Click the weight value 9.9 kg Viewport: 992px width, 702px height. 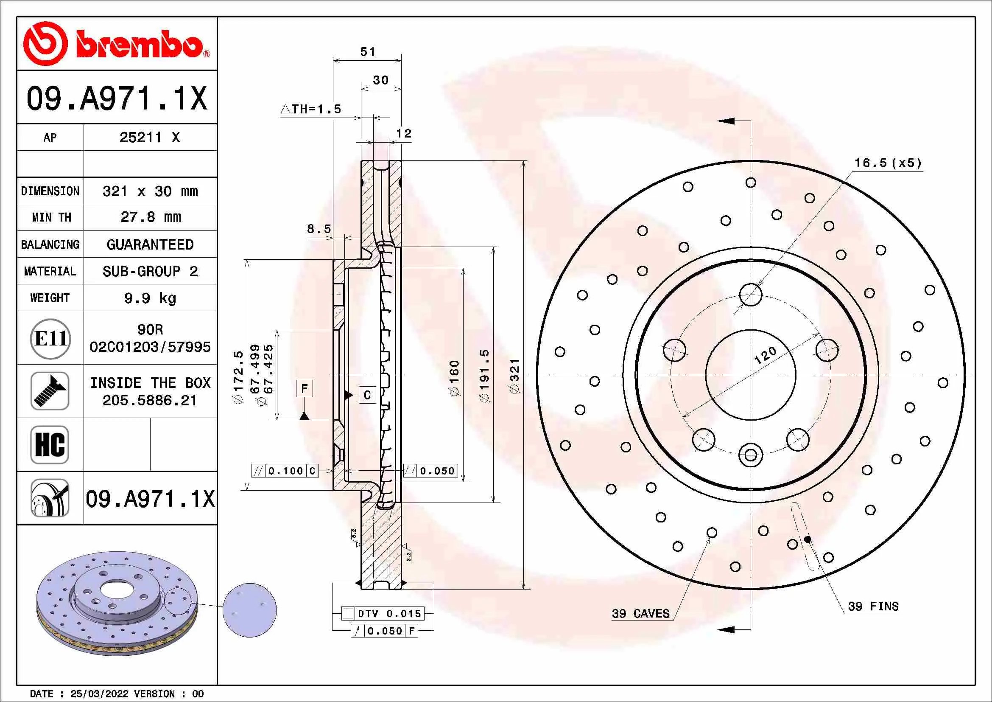click(150, 298)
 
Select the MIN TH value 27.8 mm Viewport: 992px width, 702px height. click(150, 217)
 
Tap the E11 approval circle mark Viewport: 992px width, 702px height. click(50, 338)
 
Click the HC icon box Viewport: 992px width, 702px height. click(50, 444)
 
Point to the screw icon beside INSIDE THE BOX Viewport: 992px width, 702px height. click(50, 391)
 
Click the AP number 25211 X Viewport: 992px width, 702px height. click(149, 138)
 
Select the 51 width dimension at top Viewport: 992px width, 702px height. click(368, 52)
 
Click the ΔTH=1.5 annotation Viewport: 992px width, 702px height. click(311, 109)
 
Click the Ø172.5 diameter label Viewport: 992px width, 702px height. click(238, 377)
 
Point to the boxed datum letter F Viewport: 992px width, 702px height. click(304, 389)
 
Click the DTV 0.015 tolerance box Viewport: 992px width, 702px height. click(383, 613)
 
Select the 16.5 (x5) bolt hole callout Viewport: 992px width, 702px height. click(888, 163)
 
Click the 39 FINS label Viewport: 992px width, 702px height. click(873, 607)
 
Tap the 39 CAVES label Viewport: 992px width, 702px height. click(640, 613)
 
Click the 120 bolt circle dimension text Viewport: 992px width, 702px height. click(765, 355)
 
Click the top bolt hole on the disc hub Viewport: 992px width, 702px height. click(751, 295)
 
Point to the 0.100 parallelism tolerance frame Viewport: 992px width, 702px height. click(285, 471)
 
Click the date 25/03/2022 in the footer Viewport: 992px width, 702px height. click(99, 694)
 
